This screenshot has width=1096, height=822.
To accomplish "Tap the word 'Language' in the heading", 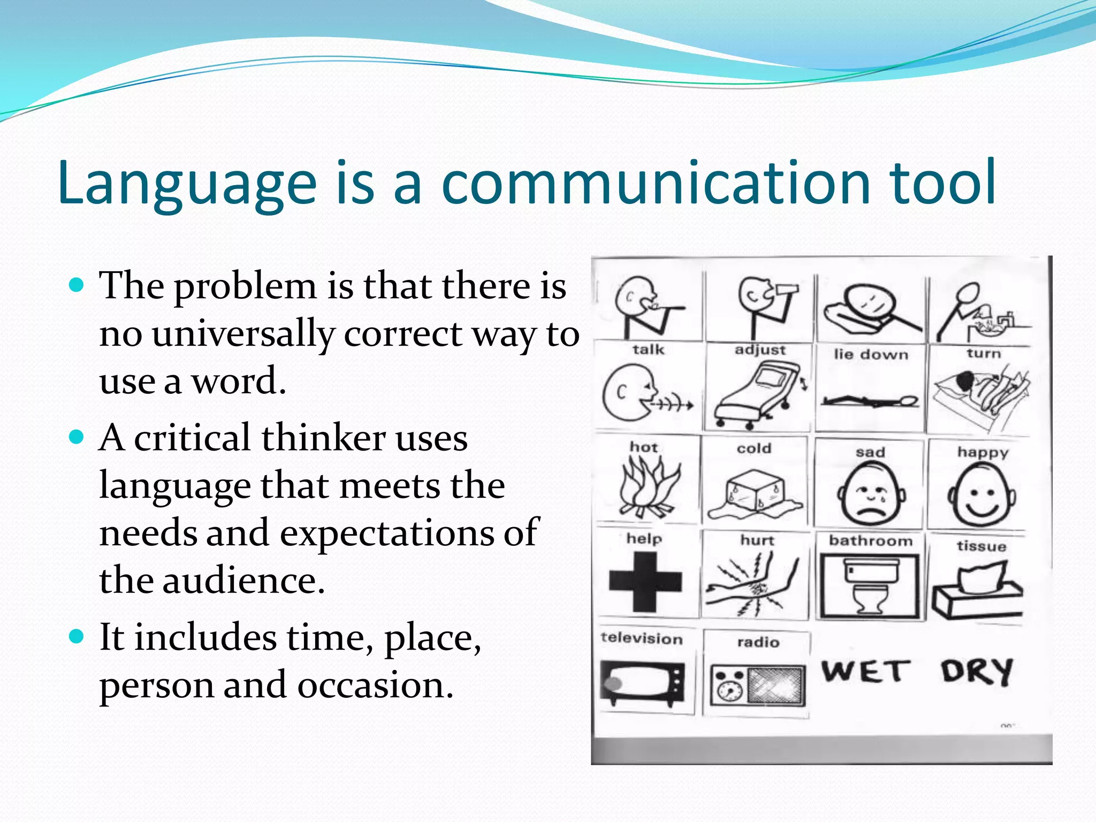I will [187, 183].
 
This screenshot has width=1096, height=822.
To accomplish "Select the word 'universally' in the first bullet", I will [242, 334].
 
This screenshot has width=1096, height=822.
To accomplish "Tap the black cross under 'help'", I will [645, 582].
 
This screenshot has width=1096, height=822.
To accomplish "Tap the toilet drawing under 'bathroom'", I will [871, 586].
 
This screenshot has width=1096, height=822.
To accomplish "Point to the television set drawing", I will [642, 683].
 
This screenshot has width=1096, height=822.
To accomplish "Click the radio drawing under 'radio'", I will [758, 685].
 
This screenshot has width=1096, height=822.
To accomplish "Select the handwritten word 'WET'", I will [865, 671].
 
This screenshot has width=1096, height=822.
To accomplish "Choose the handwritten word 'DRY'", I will [977, 671].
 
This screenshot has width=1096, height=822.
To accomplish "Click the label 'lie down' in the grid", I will [871, 354].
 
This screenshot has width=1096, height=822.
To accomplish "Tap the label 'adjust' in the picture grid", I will [760, 350].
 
